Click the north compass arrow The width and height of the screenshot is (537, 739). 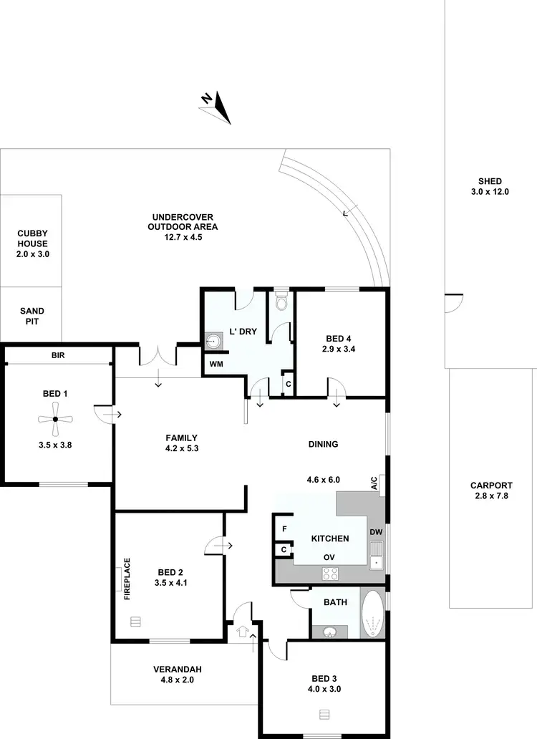click(220, 108)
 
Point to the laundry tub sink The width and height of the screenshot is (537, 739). click(213, 342)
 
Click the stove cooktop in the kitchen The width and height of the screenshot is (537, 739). click(331, 573)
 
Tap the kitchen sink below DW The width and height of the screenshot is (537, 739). click(376, 556)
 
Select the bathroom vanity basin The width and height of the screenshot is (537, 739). click(330, 632)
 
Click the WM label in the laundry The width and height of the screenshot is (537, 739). click(216, 364)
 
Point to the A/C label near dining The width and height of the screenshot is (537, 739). click(374, 483)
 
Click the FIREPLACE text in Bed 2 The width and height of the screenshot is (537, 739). click(127, 578)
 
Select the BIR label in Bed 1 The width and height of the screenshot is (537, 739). click(58, 354)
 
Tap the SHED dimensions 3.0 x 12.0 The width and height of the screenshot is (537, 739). click(490, 192)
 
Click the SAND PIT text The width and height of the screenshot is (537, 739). click(32, 317)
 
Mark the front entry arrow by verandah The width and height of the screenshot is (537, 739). click(242, 632)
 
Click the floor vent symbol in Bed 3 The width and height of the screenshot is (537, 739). click(324, 714)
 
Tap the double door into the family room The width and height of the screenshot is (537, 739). click(157, 356)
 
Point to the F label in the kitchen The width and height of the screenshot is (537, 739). click(284, 529)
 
